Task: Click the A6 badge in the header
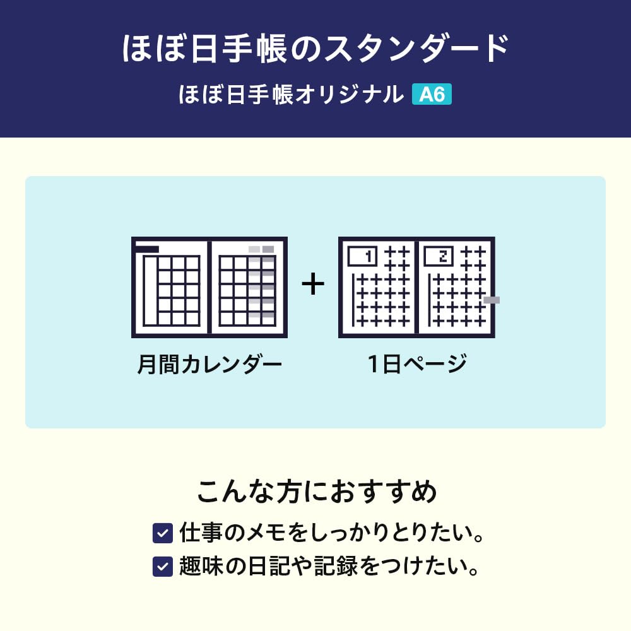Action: (432, 95)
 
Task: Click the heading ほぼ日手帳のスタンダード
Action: (315, 49)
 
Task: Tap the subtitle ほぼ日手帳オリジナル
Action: (291, 95)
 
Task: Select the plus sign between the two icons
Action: (312, 285)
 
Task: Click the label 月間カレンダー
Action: (209, 365)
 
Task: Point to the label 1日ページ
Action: (417, 365)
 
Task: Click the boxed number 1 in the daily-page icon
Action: (362, 256)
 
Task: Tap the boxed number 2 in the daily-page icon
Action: (439, 256)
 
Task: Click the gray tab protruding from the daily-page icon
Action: (491, 300)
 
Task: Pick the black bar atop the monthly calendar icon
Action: (146, 249)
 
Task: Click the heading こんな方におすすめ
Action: (316, 492)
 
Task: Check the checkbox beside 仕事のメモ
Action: (163, 534)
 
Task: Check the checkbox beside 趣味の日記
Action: (163, 566)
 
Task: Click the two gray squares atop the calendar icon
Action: (261, 249)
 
